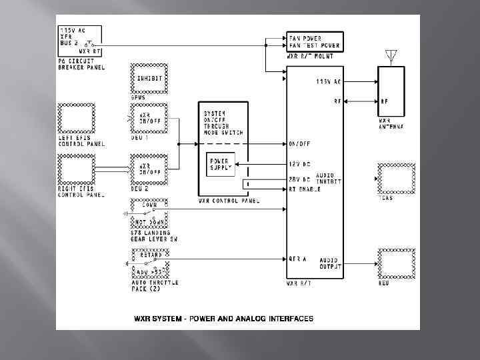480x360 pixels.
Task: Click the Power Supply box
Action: click(x=219, y=165)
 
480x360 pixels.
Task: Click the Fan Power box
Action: click(x=315, y=41)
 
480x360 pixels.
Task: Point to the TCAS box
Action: click(x=397, y=178)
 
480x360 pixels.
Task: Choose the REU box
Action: click(x=397, y=263)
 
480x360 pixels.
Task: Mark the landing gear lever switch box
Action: click(x=149, y=212)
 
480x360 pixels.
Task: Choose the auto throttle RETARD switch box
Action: click(x=149, y=261)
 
